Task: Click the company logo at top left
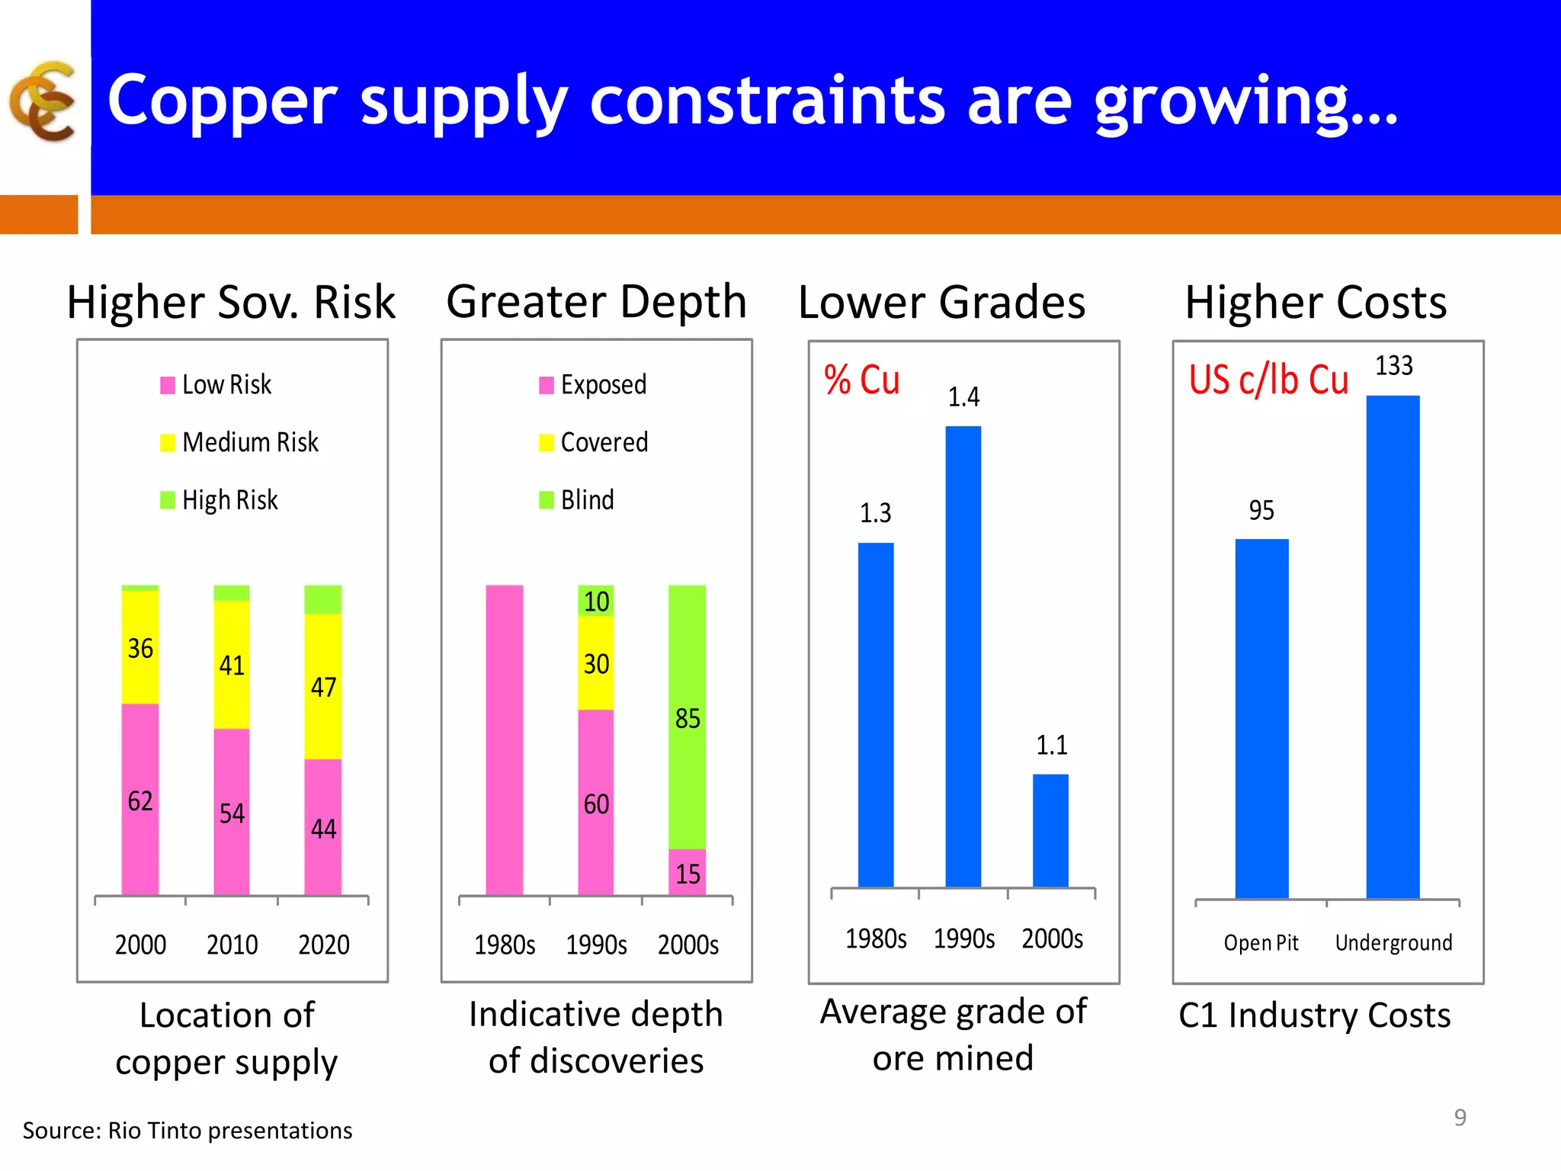[43, 101]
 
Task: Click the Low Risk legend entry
[216, 385]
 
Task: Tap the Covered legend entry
[594, 442]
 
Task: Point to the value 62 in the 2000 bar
[140, 801]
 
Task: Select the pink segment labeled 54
[232, 813]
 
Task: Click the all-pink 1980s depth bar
[505, 739]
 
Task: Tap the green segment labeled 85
[687, 717]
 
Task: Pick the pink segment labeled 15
[687, 873]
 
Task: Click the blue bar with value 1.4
[963, 656]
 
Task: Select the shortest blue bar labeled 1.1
[1050, 831]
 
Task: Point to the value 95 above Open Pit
[1261, 510]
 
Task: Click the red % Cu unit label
[861, 380]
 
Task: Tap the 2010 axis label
[232, 945]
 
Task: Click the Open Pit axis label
[1261, 943]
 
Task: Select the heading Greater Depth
[596, 302]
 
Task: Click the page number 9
[1460, 1117]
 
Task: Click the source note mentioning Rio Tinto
[188, 1130]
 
